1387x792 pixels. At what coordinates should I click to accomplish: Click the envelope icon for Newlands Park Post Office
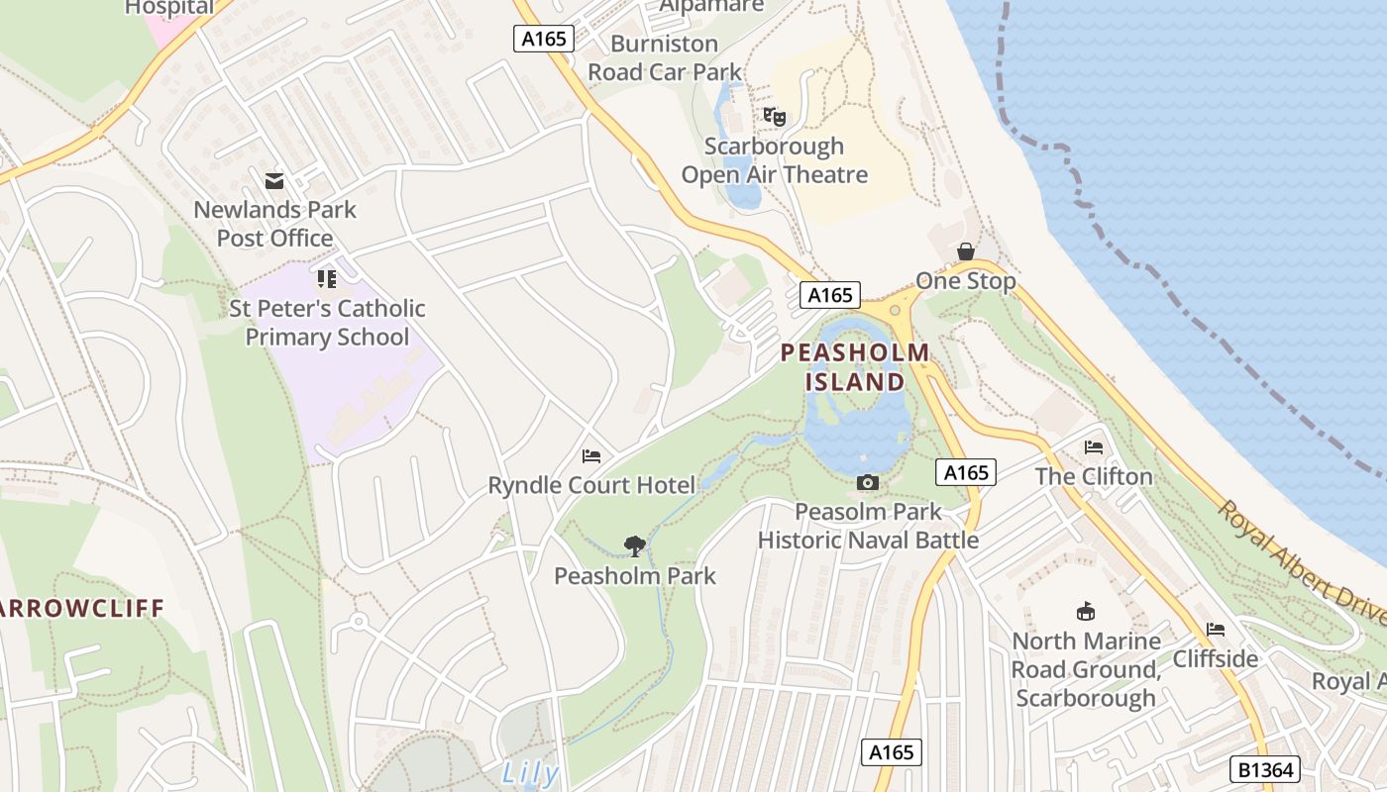click(x=274, y=181)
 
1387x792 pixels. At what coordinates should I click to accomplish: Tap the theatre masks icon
click(x=775, y=117)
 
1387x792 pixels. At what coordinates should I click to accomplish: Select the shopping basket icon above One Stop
click(x=965, y=251)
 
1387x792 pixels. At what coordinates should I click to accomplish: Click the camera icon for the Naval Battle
click(x=868, y=482)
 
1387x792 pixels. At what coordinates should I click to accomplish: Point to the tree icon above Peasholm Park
click(x=635, y=545)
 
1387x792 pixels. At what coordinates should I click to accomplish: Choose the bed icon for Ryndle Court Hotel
click(x=591, y=456)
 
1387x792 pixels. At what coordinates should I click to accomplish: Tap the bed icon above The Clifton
click(x=1094, y=447)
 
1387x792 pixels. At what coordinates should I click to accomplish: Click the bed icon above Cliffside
click(x=1216, y=630)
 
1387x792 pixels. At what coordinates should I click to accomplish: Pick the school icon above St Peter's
click(x=327, y=279)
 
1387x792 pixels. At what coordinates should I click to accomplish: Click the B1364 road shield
click(x=1264, y=769)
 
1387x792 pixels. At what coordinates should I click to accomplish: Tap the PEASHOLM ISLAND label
click(x=855, y=366)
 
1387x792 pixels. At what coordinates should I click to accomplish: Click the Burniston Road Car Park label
click(x=665, y=57)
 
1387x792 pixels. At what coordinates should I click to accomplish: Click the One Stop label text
click(x=966, y=281)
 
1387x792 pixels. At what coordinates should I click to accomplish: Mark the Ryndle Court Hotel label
click(x=591, y=485)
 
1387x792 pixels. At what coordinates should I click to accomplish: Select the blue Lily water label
click(x=530, y=773)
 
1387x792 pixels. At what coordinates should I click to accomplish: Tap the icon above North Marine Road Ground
click(x=1086, y=612)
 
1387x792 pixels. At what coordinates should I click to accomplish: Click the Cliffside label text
click(x=1216, y=658)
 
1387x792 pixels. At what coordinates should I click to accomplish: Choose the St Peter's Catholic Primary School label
click(x=327, y=323)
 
